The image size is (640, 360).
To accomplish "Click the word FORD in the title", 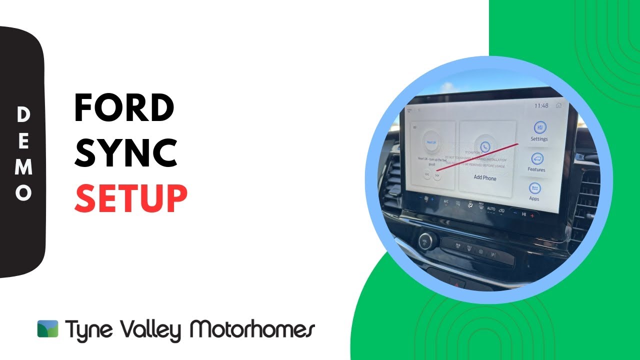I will pyautogui.click(x=123, y=108).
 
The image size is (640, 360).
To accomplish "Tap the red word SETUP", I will pyautogui.click(x=131, y=198).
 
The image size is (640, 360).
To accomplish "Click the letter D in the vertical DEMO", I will pyautogui.click(x=23, y=115).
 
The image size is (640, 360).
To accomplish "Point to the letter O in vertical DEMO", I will pyautogui.click(x=23, y=193).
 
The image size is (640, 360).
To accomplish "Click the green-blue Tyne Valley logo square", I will pyautogui.click(x=47, y=328).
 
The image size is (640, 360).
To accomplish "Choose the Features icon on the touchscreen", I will pyautogui.click(x=537, y=159).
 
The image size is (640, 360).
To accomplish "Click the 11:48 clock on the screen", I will pyautogui.click(x=541, y=105).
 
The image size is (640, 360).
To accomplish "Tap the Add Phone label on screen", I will pyautogui.click(x=485, y=177).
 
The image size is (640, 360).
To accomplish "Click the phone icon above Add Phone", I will pyautogui.click(x=484, y=146).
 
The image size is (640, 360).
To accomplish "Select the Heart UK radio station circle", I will pyautogui.click(x=431, y=142).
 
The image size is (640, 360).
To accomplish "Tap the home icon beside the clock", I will pyautogui.click(x=558, y=105).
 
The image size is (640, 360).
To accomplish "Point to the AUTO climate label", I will pyautogui.click(x=490, y=208).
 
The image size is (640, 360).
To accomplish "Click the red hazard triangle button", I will pyautogui.click(x=455, y=283).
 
